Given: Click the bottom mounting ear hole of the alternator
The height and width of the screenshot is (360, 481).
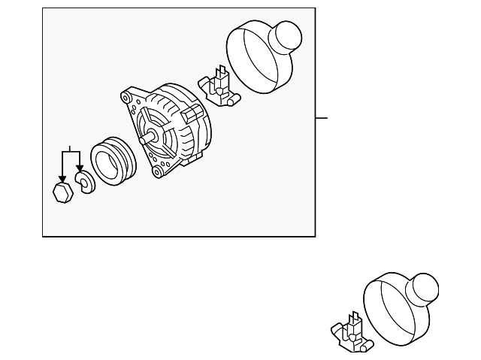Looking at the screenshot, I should click(x=157, y=172).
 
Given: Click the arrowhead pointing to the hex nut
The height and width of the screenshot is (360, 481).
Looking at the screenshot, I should click(x=62, y=177).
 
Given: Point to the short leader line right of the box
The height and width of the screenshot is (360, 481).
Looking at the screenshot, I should click(x=322, y=118).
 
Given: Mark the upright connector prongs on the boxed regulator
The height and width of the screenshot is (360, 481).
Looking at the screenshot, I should click(x=221, y=76).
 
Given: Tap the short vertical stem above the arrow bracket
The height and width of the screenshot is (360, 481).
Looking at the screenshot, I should click(x=70, y=148).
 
